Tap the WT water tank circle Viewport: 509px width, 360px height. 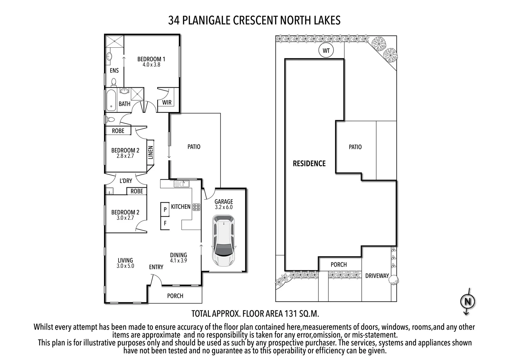pos(326,51)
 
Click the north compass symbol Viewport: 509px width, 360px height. pos(467,302)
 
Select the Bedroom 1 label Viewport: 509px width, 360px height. pos(151,59)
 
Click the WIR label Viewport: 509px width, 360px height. pos(167,102)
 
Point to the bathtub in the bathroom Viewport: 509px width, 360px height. pos(111,99)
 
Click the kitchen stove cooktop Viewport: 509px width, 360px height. pos(196,207)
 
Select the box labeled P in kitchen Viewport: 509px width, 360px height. pos(165,210)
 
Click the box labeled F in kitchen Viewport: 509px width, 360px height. pos(165,223)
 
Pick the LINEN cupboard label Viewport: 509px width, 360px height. pos(151,152)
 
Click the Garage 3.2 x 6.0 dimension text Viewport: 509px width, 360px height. pos(224,207)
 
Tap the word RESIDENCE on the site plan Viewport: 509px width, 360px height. pos(309,163)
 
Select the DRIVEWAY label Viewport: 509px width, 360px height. pos(377,276)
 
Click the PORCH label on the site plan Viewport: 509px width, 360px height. pos(338,265)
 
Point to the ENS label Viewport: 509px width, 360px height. pos(114,70)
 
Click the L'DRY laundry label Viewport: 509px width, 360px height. pos(126,181)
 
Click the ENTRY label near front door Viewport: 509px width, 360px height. pos(156,267)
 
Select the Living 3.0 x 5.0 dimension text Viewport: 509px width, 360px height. pos(125,266)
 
